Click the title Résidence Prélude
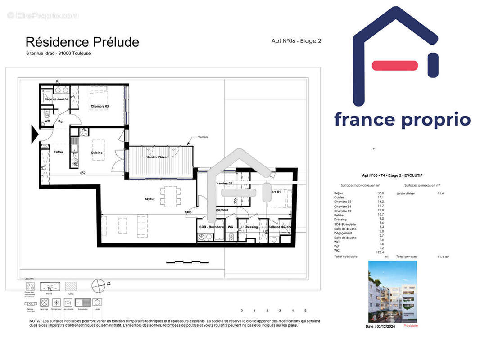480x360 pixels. pos(82,42)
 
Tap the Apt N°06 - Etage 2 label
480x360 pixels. pos(296,41)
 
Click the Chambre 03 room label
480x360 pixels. pos(100,107)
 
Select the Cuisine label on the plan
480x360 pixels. pos(97,153)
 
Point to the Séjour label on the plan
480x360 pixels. pos(149,198)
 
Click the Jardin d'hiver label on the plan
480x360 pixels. pos(157,157)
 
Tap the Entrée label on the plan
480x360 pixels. pos(59,152)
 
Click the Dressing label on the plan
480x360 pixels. pos(251,227)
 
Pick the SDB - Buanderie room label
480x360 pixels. pos(212,227)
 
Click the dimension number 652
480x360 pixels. pos(83,173)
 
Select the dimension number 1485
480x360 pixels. pos(188,212)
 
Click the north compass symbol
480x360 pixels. pos(98,285)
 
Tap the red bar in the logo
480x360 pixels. pos(394,66)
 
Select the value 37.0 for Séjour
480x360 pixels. pos(380,193)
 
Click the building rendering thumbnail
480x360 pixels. pos(392,291)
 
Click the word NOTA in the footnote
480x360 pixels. pos(35,321)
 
